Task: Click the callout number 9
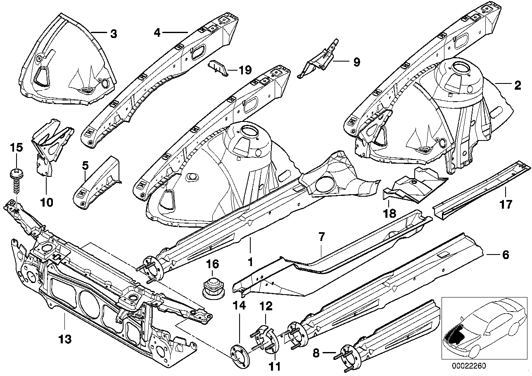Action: click(x=356, y=62)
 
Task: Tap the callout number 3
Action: click(x=113, y=34)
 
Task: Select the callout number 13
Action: click(x=65, y=340)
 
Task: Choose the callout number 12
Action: click(x=266, y=306)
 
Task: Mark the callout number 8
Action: click(x=317, y=353)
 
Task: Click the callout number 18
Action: click(x=390, y=213)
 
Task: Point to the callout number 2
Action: click(x=518, y=86)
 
